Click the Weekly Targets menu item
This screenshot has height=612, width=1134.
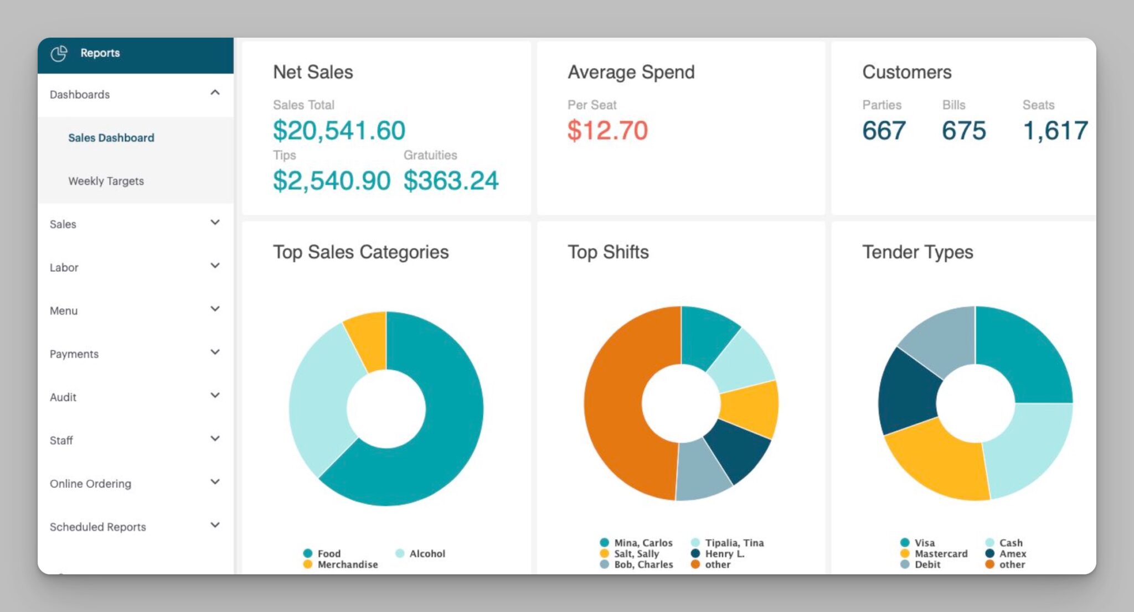coord(106,181)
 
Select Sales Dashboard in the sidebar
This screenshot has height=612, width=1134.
coord(111,138)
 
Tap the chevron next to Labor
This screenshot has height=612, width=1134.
coord(215,266)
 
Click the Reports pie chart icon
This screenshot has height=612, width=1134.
coord(59,53)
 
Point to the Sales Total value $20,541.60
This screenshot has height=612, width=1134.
coord(339,131)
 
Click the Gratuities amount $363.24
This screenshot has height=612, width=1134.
coord(451,180)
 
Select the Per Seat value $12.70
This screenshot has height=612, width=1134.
coord(607,131)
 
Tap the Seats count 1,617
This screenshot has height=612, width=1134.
coord(1055,131)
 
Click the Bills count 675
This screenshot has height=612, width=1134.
coord(964,131)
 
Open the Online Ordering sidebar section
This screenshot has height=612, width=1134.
coord(90,484)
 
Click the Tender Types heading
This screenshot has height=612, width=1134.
coord(917,252)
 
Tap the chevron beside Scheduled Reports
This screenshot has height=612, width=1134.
coord(215,525)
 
